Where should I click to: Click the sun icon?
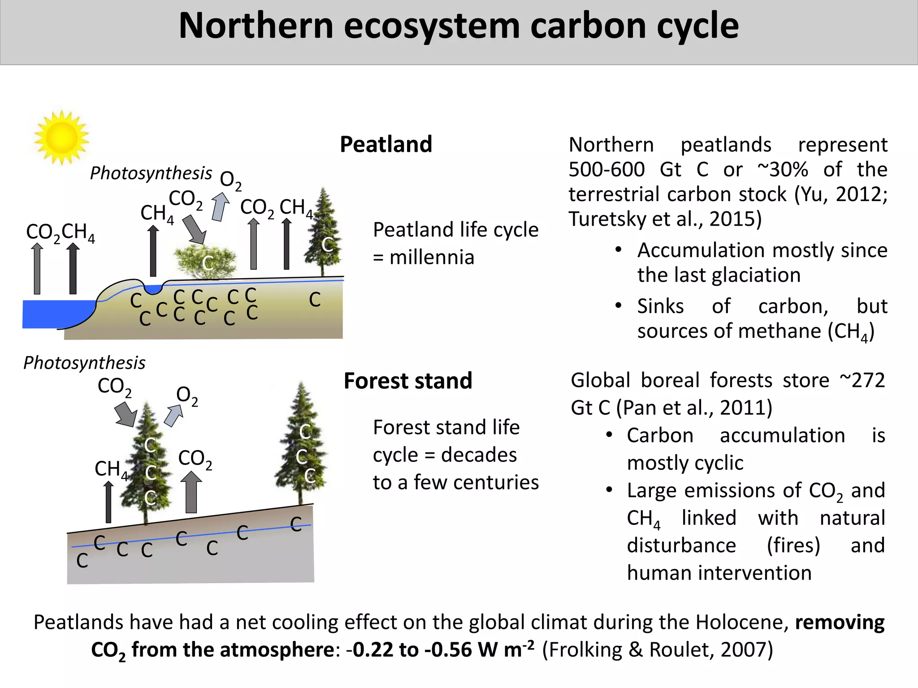[61, 138]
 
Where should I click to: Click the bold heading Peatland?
[385, 145]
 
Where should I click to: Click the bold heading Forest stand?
[407, 381]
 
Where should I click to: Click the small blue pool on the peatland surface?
[153, 289]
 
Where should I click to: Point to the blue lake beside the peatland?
[54, 314]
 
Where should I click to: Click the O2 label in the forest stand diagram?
[186, 396]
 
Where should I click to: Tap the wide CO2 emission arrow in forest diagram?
[191, 492]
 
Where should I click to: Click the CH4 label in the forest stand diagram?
[110, 469]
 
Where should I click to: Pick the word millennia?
[431, 258]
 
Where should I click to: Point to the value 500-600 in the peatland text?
[606, 170]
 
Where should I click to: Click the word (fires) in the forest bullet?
[793, 546]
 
